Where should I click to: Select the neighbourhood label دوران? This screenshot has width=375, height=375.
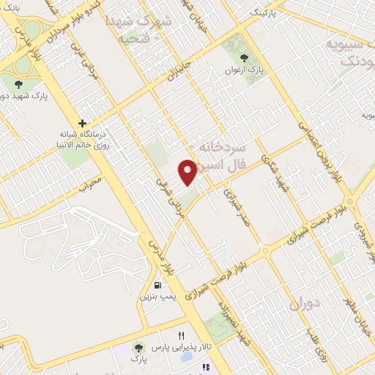pos(305,304)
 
